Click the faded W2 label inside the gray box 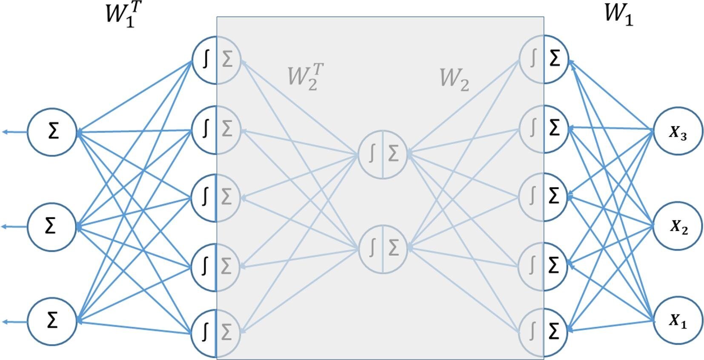point(454,80)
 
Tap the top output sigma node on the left point(52,131)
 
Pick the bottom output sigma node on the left point(52,321)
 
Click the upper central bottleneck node point(383,154)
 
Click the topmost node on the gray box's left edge point(216,60)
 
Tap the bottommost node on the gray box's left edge point(216,332)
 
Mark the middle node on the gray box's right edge point(544,196)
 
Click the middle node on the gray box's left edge point(216,197)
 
